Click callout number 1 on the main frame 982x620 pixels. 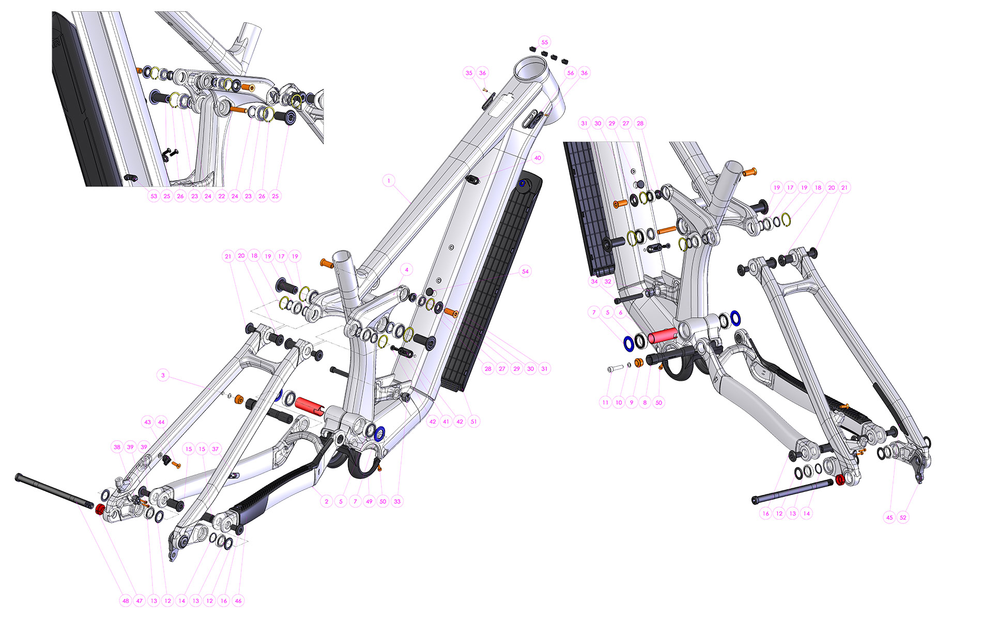pos(389,181)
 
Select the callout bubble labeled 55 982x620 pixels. pos(544,42)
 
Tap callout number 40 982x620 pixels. pos(538,158)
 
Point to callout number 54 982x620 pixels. pos(525,271)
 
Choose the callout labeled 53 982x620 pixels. pos(154,196)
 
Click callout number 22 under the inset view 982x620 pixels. pos(222,196)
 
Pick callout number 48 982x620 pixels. pos(126,601)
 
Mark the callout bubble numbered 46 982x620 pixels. pos(238,601)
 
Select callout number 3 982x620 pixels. pos(163,375)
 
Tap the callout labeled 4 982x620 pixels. pos(407,270)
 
